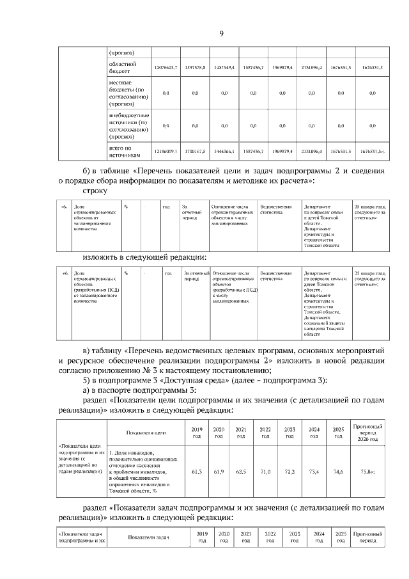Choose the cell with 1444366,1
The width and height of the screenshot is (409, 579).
click(x=224, y=152)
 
